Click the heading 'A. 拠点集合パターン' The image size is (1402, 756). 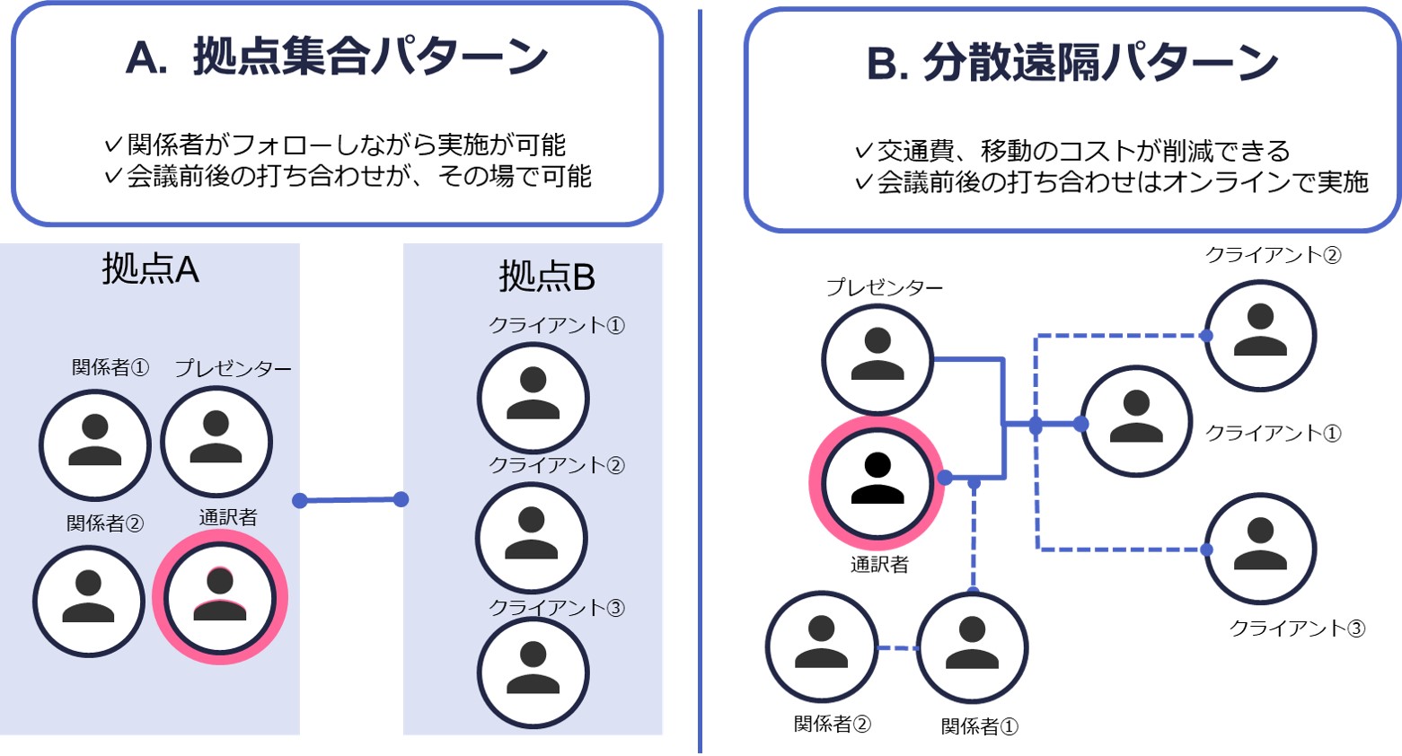pyautogui.click(x=337, y=57)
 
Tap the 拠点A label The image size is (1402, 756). pyautogui.click(x=150, y=268)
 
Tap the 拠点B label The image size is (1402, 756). pyautogui.click(x=547, y=276)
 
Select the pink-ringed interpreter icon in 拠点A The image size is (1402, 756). pyautogui.click(x=220, y=597)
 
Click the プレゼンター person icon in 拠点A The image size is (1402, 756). pyautogui.click(x=216, y=442)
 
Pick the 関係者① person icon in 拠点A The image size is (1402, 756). pyautogui.click(x=94, y=444)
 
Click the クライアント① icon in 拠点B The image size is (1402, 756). pyautogui.click(x=533, y=398)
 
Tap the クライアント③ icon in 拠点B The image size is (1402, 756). pyautogui.click(x=533, y=672)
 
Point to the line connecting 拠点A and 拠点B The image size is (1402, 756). pyautogui.click(x=350, y=500)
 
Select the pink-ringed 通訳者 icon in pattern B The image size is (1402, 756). pyautogui.click(x=877, y=483)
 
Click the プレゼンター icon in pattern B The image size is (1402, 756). pyautogui.click(x=877, y=359)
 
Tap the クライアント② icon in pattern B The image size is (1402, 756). pyautogui.click(x=1260, y=335)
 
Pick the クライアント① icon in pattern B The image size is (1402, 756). pyautogui.click(x=1136, y=421)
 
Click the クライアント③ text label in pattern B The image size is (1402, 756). pyautogui.click(x=1296, y=629)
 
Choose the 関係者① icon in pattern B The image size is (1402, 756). pyautogui.click(x=973, y=647)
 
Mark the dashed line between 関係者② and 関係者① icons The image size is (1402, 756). pyautogui.click(x=897, y=648)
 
